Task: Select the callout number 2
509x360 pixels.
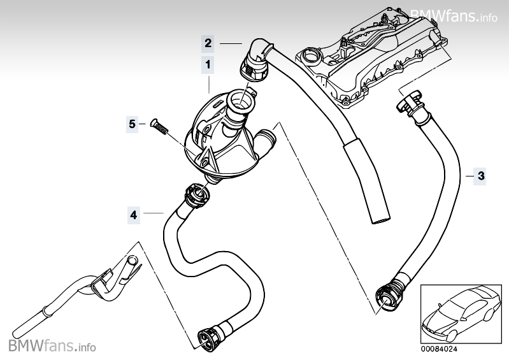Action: point(208,43)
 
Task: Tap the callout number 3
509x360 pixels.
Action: point(481,175)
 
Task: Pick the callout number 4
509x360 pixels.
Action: point(133,215)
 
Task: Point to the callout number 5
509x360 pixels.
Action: point(132,124)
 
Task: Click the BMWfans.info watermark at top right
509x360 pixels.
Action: point(453,16)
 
